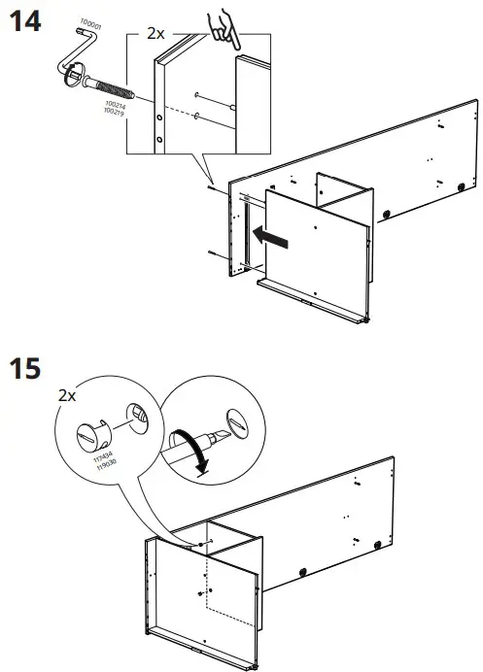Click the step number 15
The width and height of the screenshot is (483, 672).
coord(26,371)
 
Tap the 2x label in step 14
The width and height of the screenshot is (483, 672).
coord(155,33)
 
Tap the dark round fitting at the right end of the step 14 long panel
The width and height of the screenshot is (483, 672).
coord(458,184)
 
